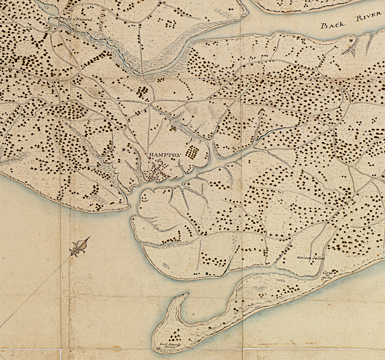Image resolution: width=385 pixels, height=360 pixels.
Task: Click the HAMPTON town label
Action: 165,155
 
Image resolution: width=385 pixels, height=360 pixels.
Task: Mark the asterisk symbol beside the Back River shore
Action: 352,40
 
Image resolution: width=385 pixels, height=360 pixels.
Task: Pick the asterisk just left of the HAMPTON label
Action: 124,149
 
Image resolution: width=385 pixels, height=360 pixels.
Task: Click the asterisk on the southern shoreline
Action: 208,273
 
